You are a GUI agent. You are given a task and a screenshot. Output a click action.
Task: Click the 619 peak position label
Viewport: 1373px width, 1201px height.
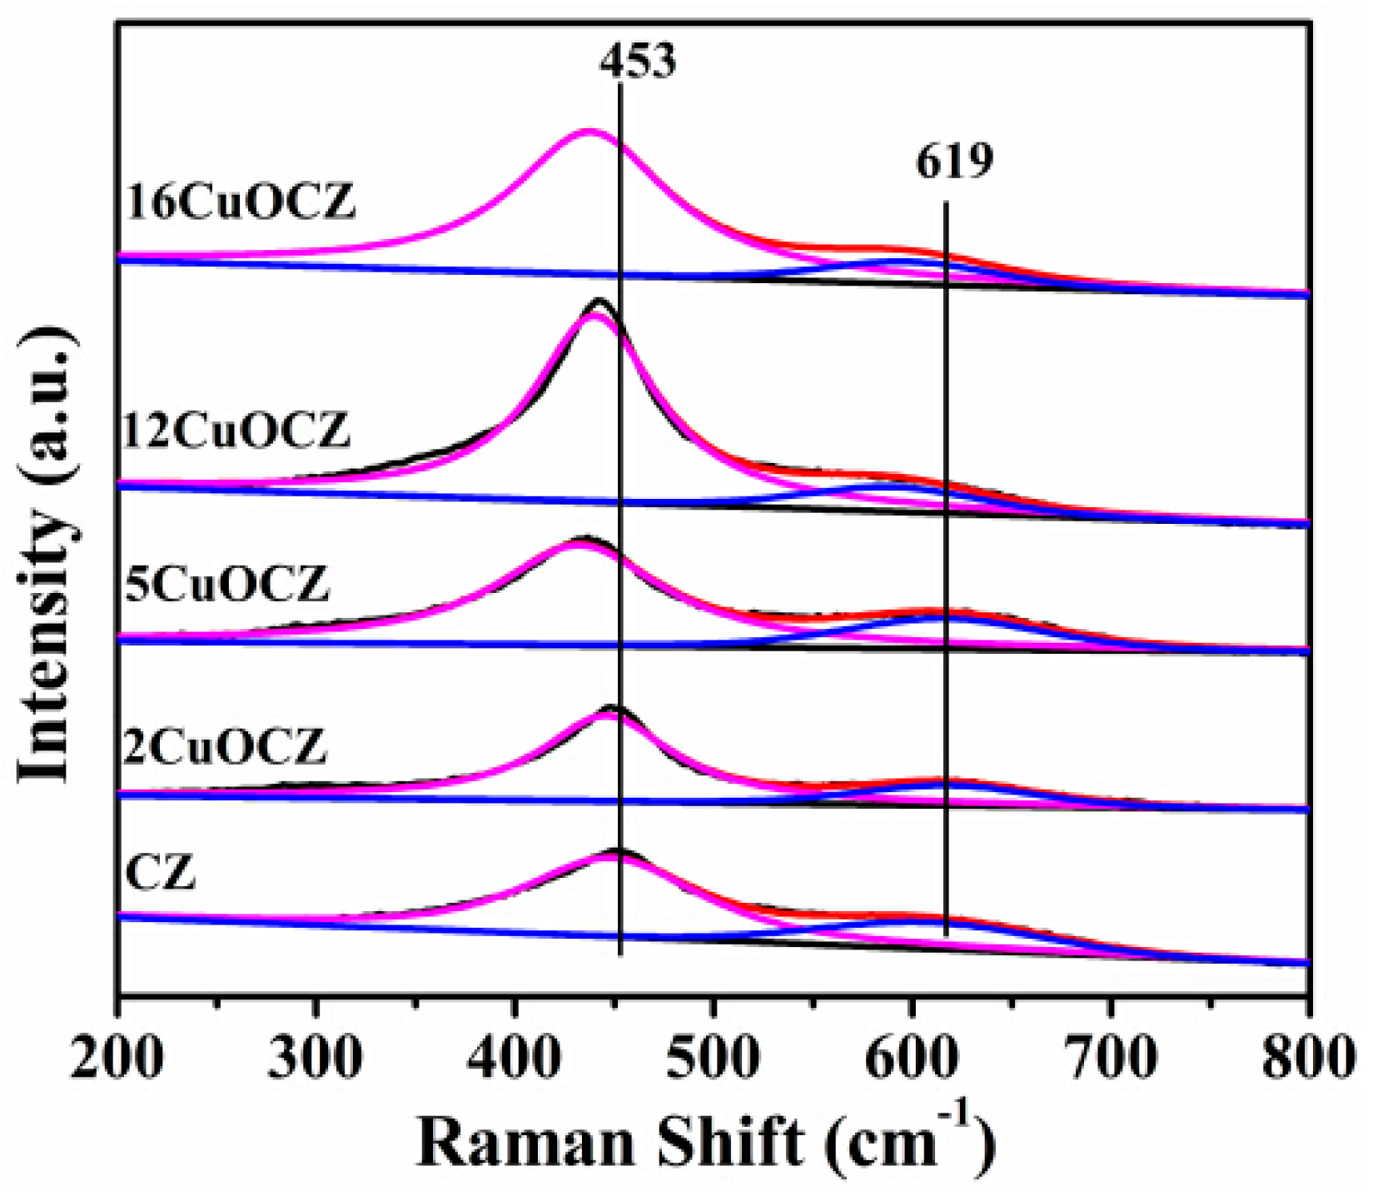(954, 162)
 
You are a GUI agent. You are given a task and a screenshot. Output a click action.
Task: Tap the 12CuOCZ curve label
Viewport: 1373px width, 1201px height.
(237, 431)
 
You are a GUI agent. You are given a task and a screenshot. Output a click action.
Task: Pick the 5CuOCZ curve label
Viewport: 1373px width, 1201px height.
(226, 583)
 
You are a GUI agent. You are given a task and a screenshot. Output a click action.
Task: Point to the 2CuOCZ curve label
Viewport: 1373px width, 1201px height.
(225, 745)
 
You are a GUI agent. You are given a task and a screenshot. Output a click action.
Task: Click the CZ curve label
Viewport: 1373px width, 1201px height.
(160, 873)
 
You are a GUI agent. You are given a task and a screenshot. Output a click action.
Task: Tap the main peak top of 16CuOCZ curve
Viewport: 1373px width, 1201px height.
(589, 131)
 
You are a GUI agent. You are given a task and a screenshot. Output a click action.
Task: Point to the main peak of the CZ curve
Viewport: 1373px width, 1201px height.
(618, 851)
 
